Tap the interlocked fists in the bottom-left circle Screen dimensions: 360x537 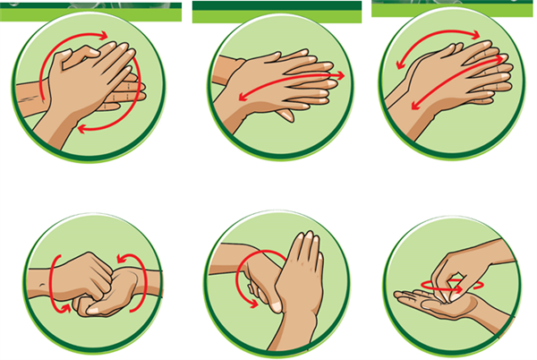(x=94, y=285)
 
